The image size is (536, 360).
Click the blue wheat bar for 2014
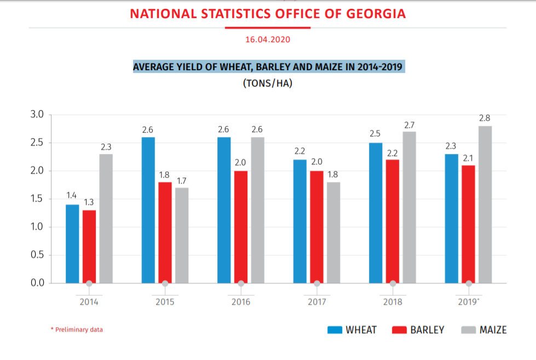tap(72, 244)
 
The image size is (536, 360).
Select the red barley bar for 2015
tap(165, 232)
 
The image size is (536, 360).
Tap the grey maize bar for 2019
tap(485, 204)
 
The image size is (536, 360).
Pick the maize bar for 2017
tap(333, 232)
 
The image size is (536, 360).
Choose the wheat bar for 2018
tap(376, 213)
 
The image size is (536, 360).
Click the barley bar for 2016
tap(241, 227)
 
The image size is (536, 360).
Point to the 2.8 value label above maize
tap(485, 118)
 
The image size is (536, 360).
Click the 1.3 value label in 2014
tap(89, 202)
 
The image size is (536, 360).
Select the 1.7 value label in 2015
tap(182, 180)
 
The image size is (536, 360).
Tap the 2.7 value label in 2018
tap(409, 125)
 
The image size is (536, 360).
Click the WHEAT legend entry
tap(352, 330)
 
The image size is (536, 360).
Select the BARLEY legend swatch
tap(400, 330)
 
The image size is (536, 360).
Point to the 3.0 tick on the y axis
tap(37, 115)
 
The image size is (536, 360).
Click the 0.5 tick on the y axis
tap(37, 255)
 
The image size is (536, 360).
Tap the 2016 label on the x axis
tap(241, 302)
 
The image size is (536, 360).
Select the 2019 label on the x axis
tap(468, 302)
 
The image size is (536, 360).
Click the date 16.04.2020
tap(268, 40)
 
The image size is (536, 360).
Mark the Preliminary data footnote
tap(77, 330)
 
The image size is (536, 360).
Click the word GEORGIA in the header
tap(378, 14)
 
